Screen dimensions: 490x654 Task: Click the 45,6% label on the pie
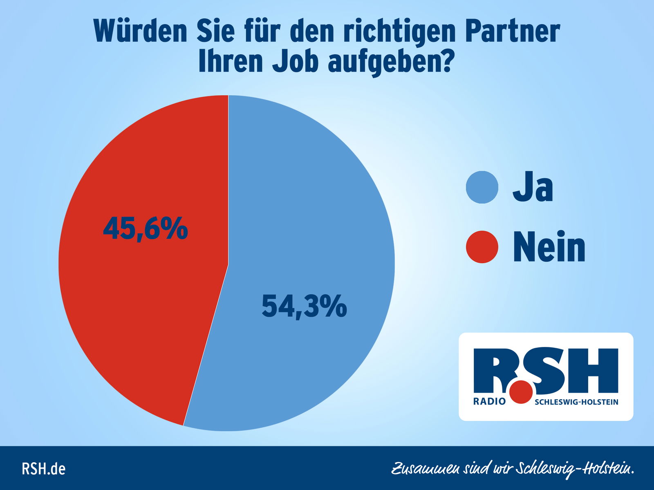(146, 229)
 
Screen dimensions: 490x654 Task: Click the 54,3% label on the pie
(304, 306)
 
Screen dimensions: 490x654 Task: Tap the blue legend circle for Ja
(482, 187)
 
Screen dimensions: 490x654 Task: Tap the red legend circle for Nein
(482, 247)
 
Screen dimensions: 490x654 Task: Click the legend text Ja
(533, 187)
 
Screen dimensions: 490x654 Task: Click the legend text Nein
(549, 247)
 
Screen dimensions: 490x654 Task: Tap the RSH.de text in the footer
(43, 469)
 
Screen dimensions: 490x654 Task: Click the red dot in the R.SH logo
(521, 392)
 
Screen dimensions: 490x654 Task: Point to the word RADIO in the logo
(489, 402)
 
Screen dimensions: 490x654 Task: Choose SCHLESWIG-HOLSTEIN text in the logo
(576, 402)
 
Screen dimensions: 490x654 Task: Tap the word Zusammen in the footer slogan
(425, 469)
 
